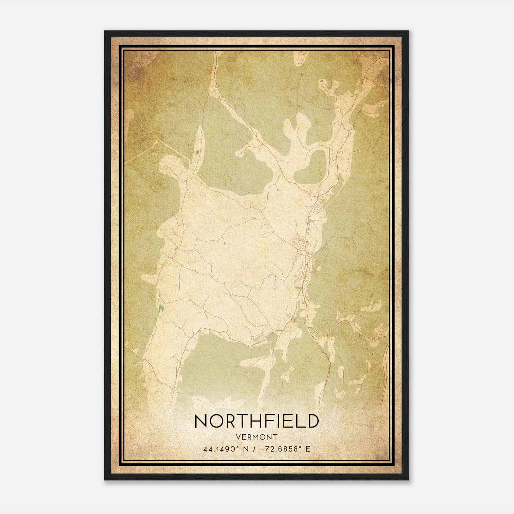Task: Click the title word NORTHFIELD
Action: [x=257, y=421]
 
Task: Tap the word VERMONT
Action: [x=257, y=437]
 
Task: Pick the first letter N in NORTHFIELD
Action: [x=201, y=421]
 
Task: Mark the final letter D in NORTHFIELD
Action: [x=312, y=421]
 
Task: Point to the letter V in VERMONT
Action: [x=238, y=437]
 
